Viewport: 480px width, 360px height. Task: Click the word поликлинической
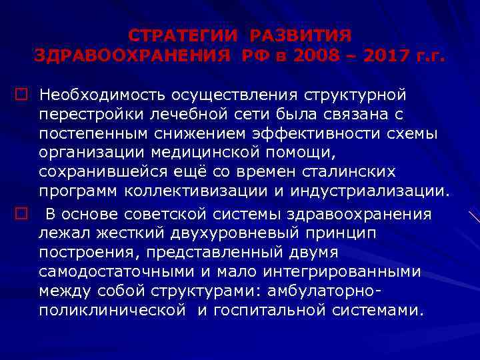click(112, 311)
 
